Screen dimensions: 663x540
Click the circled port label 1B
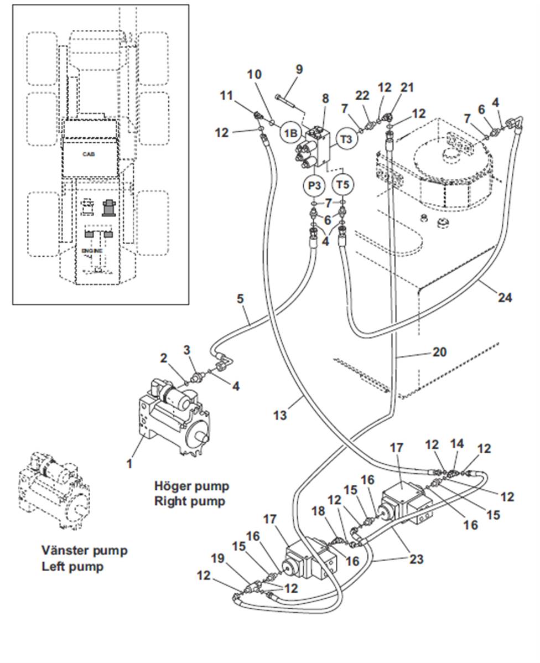[291, 133]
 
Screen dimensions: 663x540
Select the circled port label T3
[346, 139]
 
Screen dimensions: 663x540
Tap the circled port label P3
[314, 184]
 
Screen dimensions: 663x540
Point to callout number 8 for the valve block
[325, 99]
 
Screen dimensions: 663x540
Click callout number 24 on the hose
[504, 298]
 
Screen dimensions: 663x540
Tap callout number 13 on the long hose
[281, 414]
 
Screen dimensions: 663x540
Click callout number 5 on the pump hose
[240, 299]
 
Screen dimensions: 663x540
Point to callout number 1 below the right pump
[129, 463]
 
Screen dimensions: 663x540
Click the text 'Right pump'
[190, 501]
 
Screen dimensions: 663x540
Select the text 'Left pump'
[72, 567]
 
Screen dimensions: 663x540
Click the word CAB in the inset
[89, 154]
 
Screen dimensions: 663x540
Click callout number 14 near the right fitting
[457, 443]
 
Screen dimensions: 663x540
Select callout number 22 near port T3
[362, 96]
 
